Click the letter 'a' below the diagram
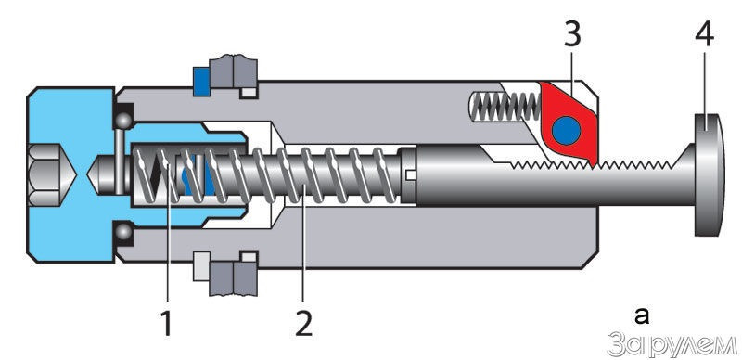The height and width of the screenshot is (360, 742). tap(642, 316)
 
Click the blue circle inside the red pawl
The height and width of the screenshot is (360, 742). tap(567, 131)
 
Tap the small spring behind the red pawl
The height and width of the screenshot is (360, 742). tap(505, 107)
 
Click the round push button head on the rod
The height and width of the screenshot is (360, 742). tap(709, 174)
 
